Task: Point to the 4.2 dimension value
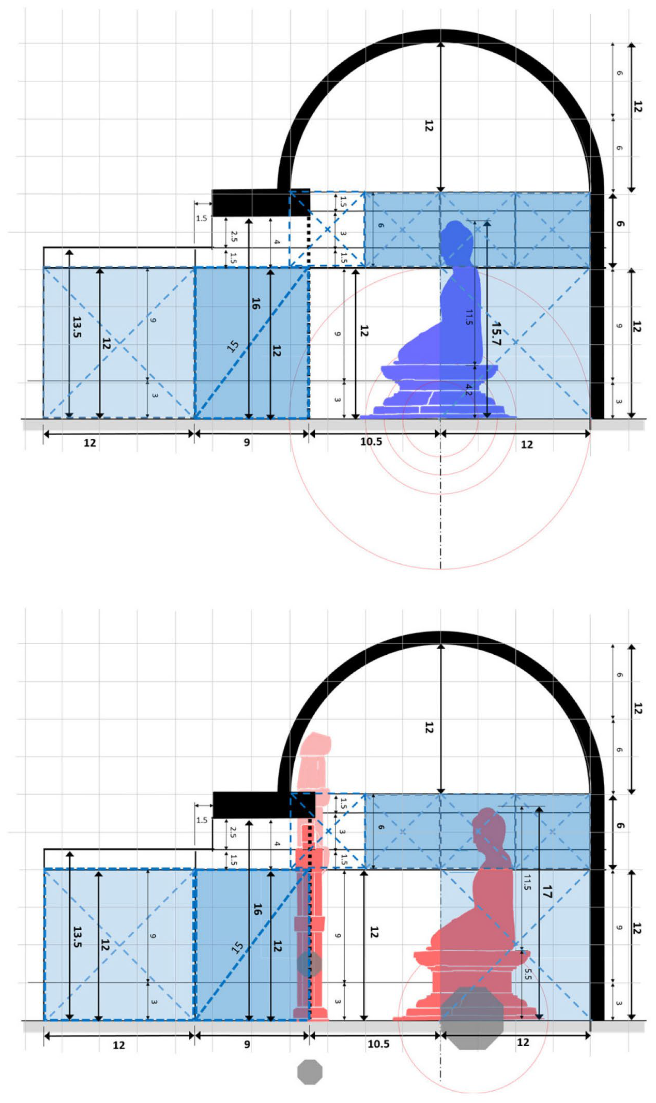point(468,390)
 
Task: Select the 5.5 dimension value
point(527,974)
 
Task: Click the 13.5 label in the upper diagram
point(76,327)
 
